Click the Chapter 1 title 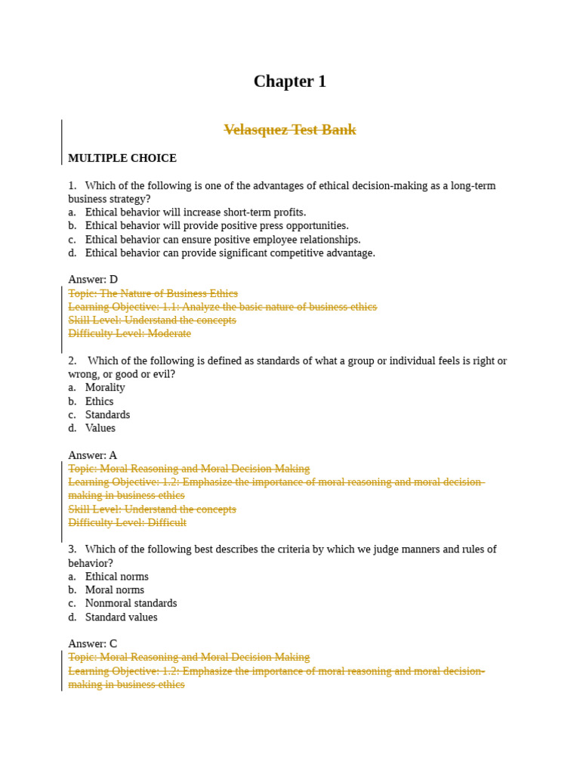pyautogui.click(x=289, y=82)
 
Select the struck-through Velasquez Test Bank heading pyautogui.click(x=289, y=130)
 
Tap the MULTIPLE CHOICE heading pyautogui.click(x=122, y=158)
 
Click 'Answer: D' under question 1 pyautogui.click(x=93, y=280)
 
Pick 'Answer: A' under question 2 pyautogui.click(x=93, y=455)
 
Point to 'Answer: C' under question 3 pyautogui.click(x=93, y=644)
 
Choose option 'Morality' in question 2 pyautogui.click(x=105, y=388)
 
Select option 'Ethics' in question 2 pyautogui.click(x=99, y=401)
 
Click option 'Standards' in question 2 pyautogui.click(x=107, y=415)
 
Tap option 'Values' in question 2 pyautogui.click(x=100, y=428)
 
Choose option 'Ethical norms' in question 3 pyautogui.click(x=116, y=577)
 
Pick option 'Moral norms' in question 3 pyautogui.click(x=114, y=590)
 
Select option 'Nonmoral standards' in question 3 pyautogui.click(x=131, y=603)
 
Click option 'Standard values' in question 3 pyautogui.click(x=121, y=617)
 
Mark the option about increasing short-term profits pyautogui.click(x=196, y=212)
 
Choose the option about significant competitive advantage pyautogui.click(x=230, y=252)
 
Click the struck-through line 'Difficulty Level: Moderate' pyautogui.click(x=129, y=333)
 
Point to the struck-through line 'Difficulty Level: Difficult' pyautogui.click(x=127, y=522)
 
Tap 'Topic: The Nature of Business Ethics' pyautogui.click(x=153, y=293)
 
